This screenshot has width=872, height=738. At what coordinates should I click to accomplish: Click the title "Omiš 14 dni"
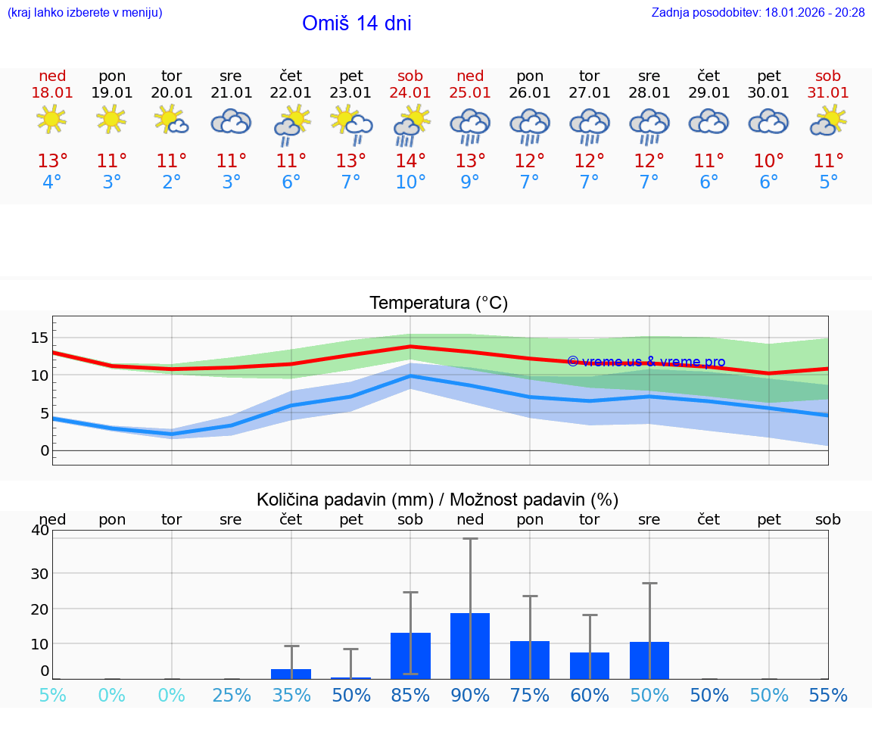[357, 23]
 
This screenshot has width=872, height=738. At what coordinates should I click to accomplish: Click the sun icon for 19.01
[111, 119]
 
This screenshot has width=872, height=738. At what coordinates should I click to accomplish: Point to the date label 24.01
[410, 92]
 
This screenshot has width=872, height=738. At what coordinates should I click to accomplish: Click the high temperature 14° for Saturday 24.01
[410, 161]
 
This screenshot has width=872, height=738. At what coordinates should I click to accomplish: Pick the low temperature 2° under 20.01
[172, 182]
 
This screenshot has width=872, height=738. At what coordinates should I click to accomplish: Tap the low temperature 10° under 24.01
[410, 182]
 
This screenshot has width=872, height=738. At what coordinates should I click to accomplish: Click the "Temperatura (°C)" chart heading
[438, 304]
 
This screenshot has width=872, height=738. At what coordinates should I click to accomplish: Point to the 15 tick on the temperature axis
[39, 338]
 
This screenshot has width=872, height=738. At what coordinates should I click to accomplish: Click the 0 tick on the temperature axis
[45, 450]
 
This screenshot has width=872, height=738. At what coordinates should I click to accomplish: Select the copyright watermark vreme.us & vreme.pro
[646, 362]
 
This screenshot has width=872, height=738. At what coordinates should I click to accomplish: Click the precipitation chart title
[438, 500]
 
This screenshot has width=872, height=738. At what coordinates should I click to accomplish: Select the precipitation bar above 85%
[410, 655]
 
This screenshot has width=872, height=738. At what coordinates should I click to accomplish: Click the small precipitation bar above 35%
[291, 674]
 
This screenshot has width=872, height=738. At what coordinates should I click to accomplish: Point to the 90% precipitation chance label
[470, 696]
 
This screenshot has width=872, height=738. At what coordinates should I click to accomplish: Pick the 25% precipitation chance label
[231, 696]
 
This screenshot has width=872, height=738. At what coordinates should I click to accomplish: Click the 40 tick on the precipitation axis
[39, 530]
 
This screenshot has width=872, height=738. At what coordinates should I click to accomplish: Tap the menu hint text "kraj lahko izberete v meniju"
[84, 13]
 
